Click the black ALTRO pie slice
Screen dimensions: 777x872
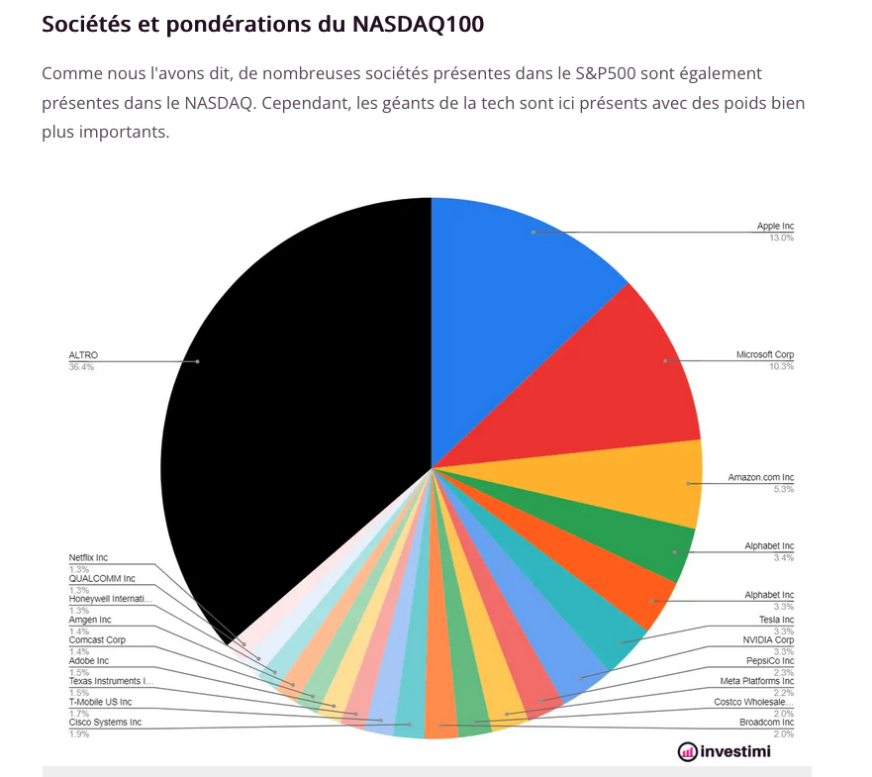[297, 396]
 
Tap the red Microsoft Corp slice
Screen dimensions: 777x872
[614, 376]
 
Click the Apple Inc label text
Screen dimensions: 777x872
[775, 227]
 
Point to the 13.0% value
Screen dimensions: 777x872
[781, 239]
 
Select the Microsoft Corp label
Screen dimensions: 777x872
[764, 354]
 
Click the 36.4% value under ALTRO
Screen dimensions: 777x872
[81, 367]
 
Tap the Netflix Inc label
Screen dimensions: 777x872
[88, 557]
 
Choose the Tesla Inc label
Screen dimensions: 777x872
[776, 620]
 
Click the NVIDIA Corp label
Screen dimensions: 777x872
[768, 639]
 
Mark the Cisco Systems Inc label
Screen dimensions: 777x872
[105, 723]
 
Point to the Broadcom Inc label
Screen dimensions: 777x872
[766, 723]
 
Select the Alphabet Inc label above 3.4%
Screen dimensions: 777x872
[769, 546]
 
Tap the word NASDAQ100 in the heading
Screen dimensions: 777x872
[418, 25]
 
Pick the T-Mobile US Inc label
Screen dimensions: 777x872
[100, 702]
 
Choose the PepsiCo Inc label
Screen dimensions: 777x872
[769, 660]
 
